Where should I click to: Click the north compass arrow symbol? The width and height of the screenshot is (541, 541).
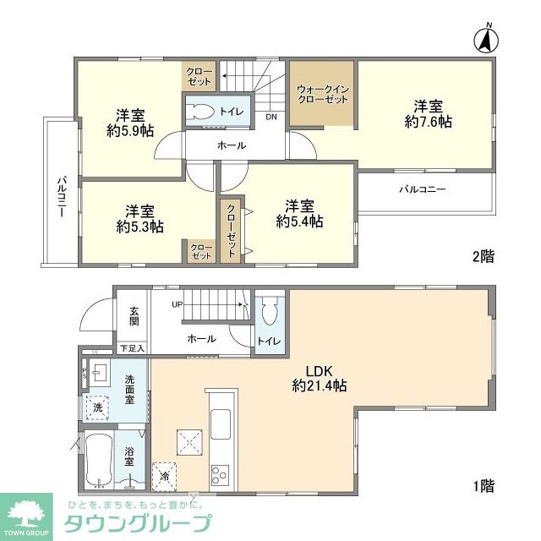[488, 40]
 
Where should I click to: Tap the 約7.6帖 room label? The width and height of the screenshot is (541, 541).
[428, 114]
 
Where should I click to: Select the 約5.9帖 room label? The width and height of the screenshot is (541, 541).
[129, 123]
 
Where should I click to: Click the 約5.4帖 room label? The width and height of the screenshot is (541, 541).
[299, 214]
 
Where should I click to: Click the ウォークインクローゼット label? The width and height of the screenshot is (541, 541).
[322, 94]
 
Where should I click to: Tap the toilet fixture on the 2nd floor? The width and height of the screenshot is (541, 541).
[202, 112]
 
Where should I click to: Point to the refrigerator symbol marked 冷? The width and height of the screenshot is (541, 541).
[164, 476]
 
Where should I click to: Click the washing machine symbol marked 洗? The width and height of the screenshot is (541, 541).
[96, 406]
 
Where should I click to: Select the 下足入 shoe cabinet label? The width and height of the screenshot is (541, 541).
[131, 347]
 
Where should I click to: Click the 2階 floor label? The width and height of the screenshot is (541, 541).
[483, 257]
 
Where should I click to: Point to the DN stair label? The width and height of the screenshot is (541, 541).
[271, 117]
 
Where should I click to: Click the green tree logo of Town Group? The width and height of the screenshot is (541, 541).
[25, 513]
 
